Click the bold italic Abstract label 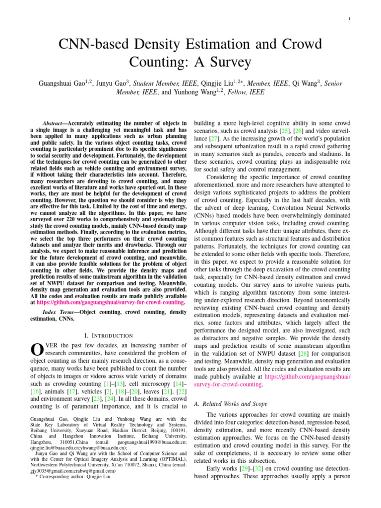point(55,123)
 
